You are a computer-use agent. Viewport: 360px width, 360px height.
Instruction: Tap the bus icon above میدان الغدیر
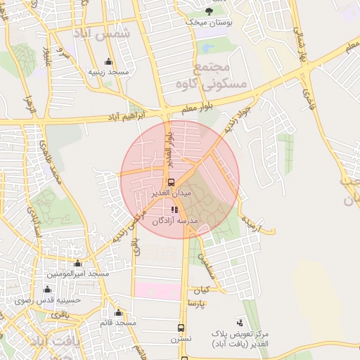tap(172, 181)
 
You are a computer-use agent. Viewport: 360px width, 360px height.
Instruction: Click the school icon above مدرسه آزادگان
tap(174, 210)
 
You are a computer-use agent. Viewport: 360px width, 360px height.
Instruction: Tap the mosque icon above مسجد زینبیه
tap(108, 61)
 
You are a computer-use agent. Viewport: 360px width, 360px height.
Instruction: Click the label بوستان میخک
tap(208, 22)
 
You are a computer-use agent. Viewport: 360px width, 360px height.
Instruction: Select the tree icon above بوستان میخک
tap(208, 11)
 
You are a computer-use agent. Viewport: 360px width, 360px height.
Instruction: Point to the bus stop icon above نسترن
tap(181, 328)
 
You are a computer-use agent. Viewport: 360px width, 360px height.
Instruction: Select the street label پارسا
tap(196, 303)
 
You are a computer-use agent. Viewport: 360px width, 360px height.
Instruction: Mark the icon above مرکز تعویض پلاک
tap(242, 322)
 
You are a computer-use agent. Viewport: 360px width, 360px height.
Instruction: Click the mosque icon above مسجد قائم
tap(118, 312)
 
